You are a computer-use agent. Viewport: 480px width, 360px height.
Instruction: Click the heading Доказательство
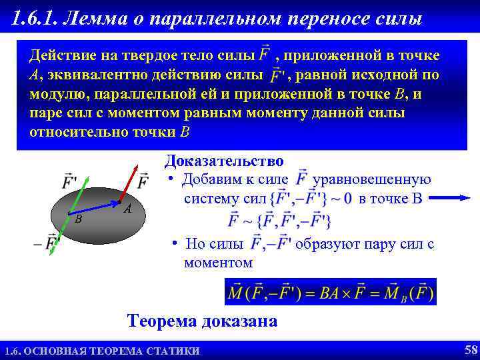coord(224,161)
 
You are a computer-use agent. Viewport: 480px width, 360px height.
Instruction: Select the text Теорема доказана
coord(202,321)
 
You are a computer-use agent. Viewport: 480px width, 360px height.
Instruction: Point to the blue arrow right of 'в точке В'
coord(454,197)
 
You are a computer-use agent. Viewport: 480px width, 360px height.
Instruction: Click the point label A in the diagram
coord(127,209)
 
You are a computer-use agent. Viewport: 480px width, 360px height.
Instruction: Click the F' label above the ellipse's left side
coord(69,180)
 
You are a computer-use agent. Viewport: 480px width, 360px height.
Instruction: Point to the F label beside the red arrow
coord(143,180)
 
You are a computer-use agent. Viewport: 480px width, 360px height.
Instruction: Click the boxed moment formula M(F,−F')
coord(331,292)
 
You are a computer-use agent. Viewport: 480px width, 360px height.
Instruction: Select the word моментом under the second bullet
coord(218,263)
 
